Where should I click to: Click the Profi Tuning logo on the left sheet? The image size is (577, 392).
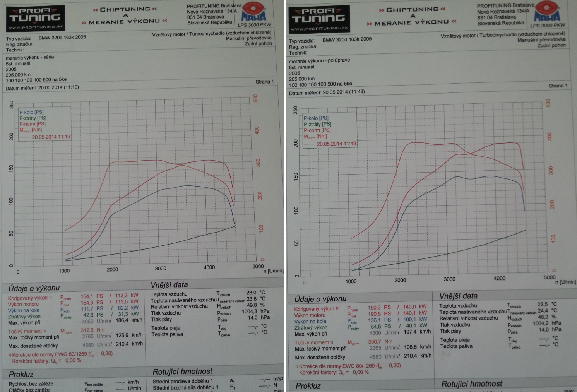(x=36, y=18)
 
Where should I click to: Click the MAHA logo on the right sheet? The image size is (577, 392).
(x=547, y=13)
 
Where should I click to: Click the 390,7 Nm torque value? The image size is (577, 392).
(x=380, y=342)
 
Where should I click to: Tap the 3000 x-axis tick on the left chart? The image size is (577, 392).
(x=161, y=268)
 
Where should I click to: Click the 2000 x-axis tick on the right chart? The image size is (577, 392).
(x=400, y=280)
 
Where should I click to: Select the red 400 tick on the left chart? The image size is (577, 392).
(x=257, y=131)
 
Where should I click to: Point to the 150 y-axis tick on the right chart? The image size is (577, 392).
(x=296, y=176)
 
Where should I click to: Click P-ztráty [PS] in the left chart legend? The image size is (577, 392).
(x=33, y=118)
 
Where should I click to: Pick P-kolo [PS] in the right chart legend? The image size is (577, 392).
(x=316, y=118)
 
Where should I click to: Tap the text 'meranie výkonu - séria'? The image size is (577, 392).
(x=30, y=57)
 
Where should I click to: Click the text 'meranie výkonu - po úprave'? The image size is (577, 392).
(x=319, y=60)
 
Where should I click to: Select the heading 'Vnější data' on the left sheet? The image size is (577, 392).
(x=169, y=285)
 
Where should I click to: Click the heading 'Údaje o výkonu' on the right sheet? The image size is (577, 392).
(x=320, y=299)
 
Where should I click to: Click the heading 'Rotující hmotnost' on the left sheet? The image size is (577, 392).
(x=182, y=372)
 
